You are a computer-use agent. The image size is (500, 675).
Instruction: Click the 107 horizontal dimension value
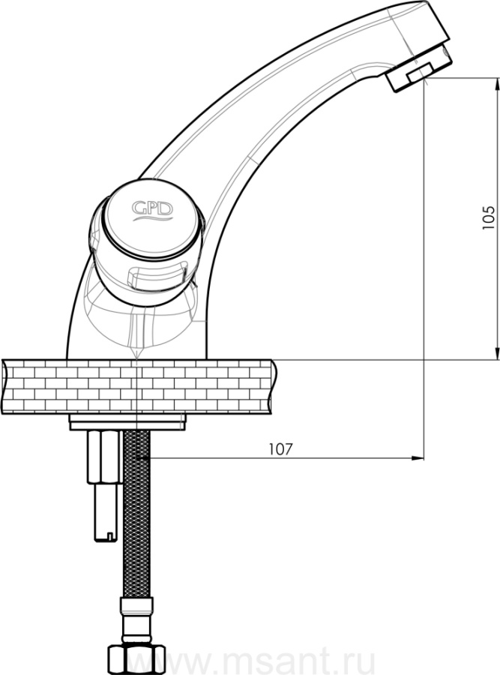click(x=280, y=449)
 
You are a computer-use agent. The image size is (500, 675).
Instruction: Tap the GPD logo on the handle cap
click(x=152, y=208)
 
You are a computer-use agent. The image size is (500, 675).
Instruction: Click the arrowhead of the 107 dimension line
click(x=417, y=458)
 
